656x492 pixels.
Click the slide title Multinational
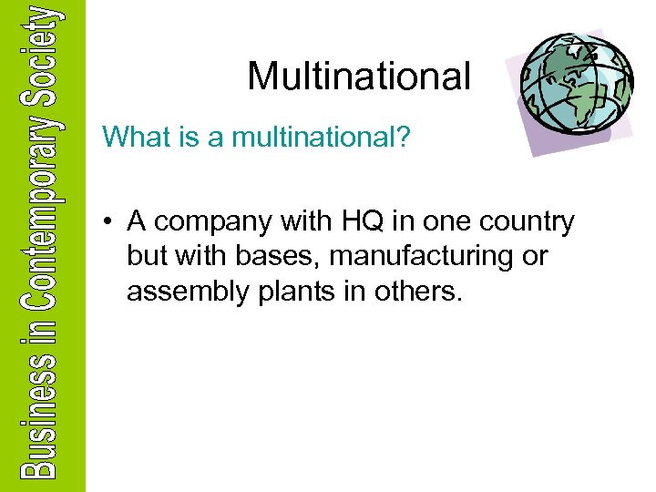[x=359, y=76]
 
